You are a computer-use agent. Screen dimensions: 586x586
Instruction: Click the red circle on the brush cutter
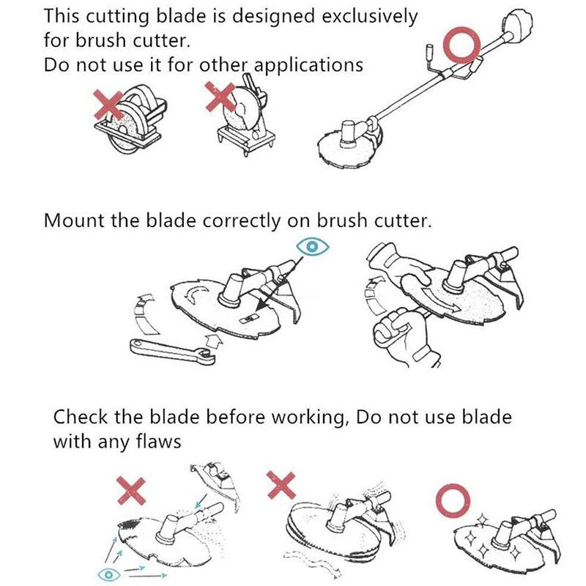click(x=464, y=45)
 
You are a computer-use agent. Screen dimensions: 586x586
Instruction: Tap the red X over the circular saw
click(x=111, y=103)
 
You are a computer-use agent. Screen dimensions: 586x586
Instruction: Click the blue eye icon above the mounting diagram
click(x=313, y=247)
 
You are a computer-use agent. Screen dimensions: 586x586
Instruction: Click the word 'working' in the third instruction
click(x=305, y=418)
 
